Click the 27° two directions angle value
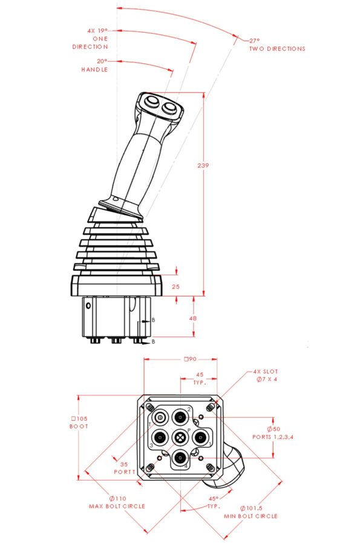pos(254,41)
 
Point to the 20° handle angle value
pos(102,61)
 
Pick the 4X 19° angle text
pos(97,30)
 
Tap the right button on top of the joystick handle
pos(169,108)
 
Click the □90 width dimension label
pos(189,359)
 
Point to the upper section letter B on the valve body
pos(152,320)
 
